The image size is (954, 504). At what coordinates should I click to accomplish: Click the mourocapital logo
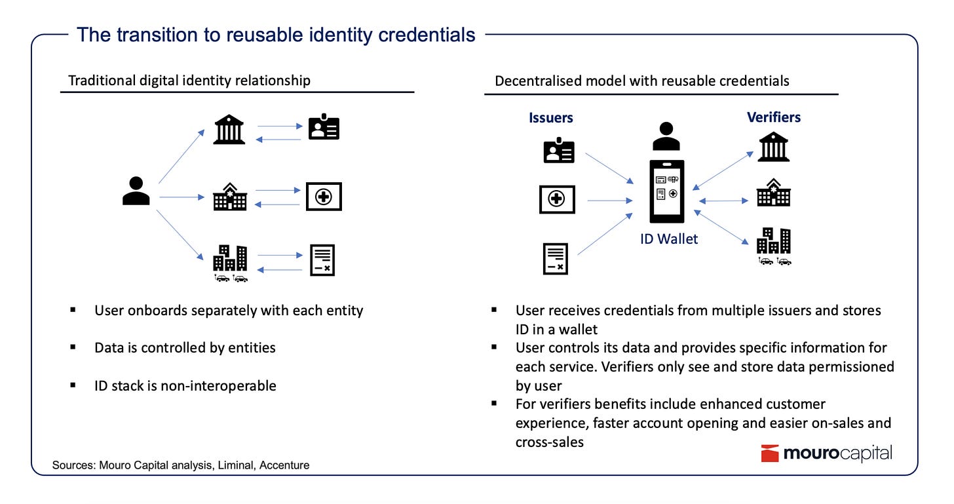coord(826,454)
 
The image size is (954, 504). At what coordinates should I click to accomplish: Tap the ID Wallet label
coord(669,239)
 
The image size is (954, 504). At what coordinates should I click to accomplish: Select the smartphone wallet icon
coord(667,191)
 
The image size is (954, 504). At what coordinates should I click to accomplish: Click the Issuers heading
coord(551,118)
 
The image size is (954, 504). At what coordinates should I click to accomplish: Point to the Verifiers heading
coord(774,117)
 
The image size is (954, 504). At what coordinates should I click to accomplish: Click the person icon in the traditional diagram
coord(136,191)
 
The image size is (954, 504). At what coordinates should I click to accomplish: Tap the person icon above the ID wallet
coord(666,136)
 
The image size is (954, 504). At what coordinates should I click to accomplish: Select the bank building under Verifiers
coord(774,147)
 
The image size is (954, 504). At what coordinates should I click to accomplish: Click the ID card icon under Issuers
coord(559,151)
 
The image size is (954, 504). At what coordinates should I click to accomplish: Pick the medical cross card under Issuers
coord(557,199)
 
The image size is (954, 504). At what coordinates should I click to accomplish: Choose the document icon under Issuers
coord(556,258)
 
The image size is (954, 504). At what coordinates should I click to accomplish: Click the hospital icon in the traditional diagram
coord(230,197)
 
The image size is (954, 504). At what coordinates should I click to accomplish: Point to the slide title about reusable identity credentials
coord(276,34)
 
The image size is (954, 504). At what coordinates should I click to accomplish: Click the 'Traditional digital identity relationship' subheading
coord(189,81)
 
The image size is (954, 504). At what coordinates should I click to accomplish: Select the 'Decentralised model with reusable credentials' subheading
coord(642,81)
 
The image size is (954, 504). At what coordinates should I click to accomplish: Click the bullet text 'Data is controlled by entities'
coord(185,347)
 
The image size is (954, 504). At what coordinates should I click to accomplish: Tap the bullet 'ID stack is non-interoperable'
coord(185,385)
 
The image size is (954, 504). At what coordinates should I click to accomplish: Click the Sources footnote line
coord(181,465)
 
